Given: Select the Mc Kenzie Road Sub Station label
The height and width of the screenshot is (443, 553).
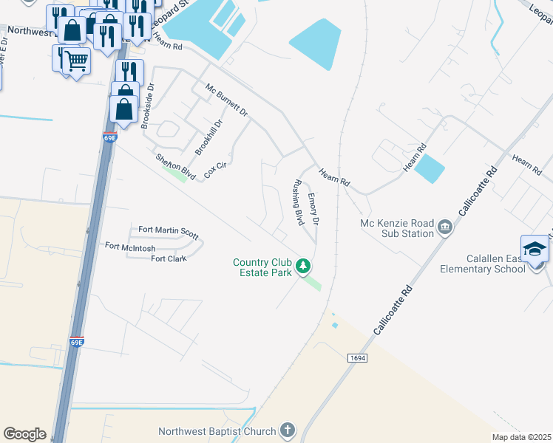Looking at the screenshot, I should coord(396,228).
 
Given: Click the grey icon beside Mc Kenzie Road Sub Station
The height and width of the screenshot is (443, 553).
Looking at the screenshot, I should coord(445,227).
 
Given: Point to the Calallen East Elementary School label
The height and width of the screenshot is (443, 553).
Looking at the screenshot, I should coord(495,264).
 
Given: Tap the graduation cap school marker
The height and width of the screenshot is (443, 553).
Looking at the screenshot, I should coord(535,250).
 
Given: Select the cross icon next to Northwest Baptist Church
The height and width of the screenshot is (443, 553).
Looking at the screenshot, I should coord(287,430).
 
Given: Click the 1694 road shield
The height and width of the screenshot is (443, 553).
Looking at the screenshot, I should coord(356,357).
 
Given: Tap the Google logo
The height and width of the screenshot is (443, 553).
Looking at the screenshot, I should coord(24,433).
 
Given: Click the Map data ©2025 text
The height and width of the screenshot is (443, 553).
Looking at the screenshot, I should coord(520,437).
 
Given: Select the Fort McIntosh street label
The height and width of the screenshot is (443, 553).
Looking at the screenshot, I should coord(130,247).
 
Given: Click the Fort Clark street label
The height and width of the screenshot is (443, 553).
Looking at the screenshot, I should coord(169,258).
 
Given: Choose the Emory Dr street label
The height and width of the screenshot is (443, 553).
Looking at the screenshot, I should coord(313,209).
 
